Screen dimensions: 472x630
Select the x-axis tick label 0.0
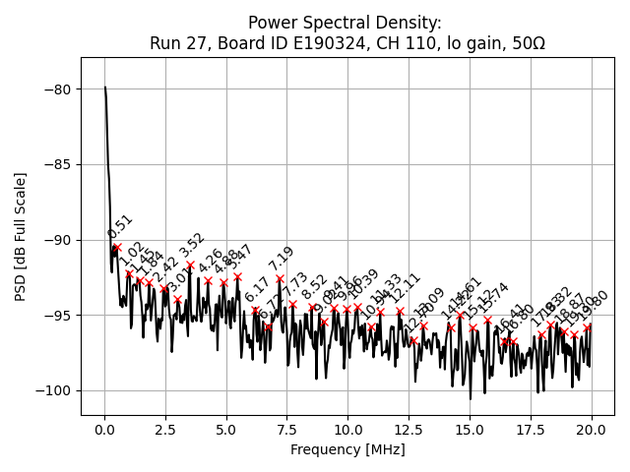pos(104,430)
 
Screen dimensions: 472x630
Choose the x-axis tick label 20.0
pos(591,430)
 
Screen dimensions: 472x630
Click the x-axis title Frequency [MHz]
pos(347,450)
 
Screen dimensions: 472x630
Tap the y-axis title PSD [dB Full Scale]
pos(20,236)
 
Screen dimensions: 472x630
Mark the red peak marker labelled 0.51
pos(116,247)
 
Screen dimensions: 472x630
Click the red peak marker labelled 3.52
pos(190,265)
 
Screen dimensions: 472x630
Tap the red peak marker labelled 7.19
pos(280,278)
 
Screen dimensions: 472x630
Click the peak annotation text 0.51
pos(119,226)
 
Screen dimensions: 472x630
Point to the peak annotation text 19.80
pos(595,307)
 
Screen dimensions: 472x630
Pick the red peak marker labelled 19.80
pos(588,327)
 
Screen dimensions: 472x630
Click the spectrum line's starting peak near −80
pos(105,88)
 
